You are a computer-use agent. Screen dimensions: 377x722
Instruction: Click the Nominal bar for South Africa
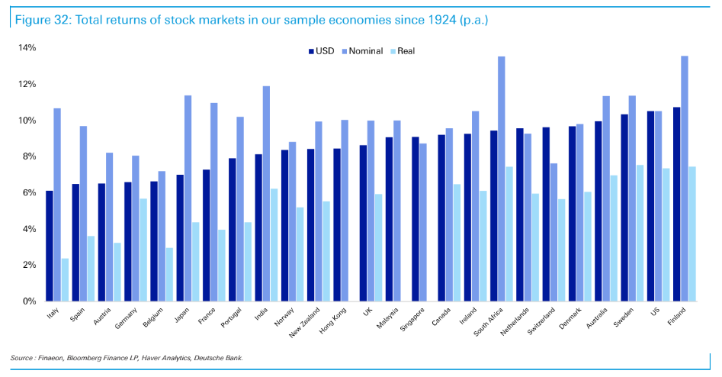point(501,179)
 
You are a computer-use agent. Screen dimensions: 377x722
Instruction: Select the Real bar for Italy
point(66,279)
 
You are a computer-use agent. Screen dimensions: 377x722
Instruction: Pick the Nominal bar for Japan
point(188,198)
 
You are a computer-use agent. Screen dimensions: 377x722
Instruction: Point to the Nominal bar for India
point(266,194)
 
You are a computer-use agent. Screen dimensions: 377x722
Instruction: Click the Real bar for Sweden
point(640,233)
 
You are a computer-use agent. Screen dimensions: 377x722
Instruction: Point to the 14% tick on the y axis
point(27,48)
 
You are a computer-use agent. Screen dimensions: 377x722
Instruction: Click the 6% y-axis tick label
point(27,192)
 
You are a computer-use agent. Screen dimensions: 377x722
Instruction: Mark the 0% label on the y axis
point(27,301)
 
